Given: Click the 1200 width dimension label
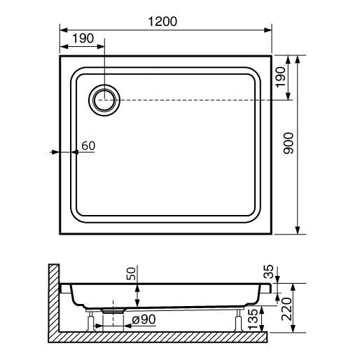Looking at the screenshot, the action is pyautogui.click(x=162, y=22).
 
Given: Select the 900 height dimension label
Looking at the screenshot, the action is pyautogui.click(x=288, y=143).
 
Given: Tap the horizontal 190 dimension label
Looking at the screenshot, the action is pyautogui.click(x=83, y=38).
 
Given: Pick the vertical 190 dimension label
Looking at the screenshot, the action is pyautogui.click(x=280, y=77).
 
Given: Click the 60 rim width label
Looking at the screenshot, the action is pyautogui.click(x=88, y=146).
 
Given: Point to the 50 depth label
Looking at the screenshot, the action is pyautogui.click(x=131, y=273).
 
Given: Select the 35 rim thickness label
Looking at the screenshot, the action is pyautogui.click(x=268, y=272).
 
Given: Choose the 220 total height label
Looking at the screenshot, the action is pyautogui.click(x=286, y=309).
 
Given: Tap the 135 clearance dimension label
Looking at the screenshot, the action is pyautogui.click(x=253, y=319).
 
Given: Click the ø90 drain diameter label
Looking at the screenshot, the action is pyautogui.click(x=144, y=319).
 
